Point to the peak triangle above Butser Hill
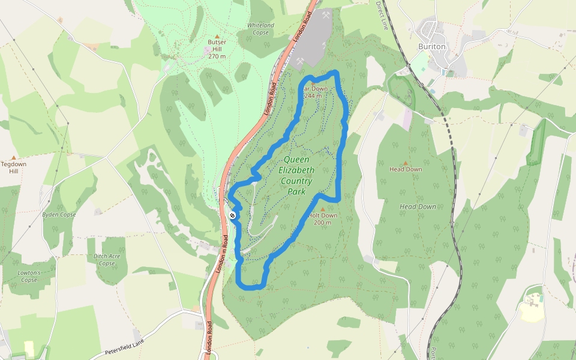click(217, 36)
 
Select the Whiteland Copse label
click(261, 28)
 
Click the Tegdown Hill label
click(13, 167)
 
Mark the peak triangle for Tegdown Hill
click(13, 157)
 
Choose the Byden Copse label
click(59, 214)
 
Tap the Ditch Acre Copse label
click(107, 260)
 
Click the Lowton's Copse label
click(29, 276)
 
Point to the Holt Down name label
click(323, 215)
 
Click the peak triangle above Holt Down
click(323, 209)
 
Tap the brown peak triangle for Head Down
click(406, 163)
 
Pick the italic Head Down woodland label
click(418, 206)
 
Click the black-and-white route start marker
click(232, 215)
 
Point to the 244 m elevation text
click(313, 96)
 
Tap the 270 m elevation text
click(217, 56)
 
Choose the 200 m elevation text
click(323, 223)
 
